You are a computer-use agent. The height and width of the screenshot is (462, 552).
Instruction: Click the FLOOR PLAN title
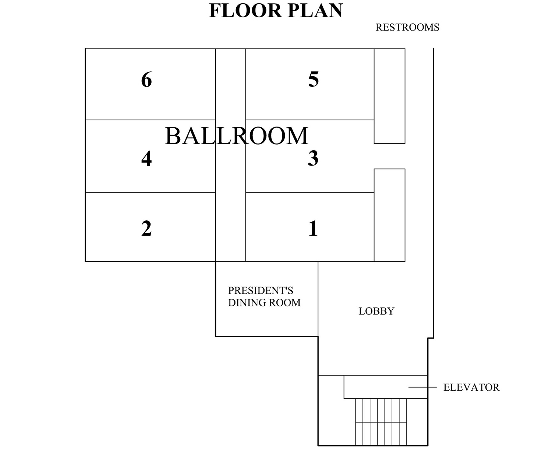276,11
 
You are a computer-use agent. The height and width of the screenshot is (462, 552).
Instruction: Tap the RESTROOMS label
407,27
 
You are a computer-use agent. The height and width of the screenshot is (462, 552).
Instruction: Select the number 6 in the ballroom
146,79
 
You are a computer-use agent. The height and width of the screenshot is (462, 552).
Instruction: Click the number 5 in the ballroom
313,79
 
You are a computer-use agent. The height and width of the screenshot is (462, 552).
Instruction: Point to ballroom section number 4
146,159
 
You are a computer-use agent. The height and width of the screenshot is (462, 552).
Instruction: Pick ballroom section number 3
313,158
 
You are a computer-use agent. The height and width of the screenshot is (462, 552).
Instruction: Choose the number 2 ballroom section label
146,228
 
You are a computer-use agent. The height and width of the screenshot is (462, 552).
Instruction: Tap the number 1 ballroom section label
313,228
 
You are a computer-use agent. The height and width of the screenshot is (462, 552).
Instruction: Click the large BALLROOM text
237,136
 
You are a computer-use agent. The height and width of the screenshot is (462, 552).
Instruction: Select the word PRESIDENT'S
261,291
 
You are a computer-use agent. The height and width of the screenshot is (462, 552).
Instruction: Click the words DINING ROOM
264,303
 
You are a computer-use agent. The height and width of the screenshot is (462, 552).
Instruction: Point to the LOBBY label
376,311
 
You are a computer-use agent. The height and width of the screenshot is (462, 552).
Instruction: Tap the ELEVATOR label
471,387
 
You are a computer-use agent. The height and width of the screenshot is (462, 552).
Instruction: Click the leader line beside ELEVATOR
422,387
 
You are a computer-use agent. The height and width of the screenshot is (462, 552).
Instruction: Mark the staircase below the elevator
381,422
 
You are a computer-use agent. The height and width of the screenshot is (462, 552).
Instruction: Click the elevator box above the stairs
386,387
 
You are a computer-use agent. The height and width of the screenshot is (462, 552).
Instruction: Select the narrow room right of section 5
389,96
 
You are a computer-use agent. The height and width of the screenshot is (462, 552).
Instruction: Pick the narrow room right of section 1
389,215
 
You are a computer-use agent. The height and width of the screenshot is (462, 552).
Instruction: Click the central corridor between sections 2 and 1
230,155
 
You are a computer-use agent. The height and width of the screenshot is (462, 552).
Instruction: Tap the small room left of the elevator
331,410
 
